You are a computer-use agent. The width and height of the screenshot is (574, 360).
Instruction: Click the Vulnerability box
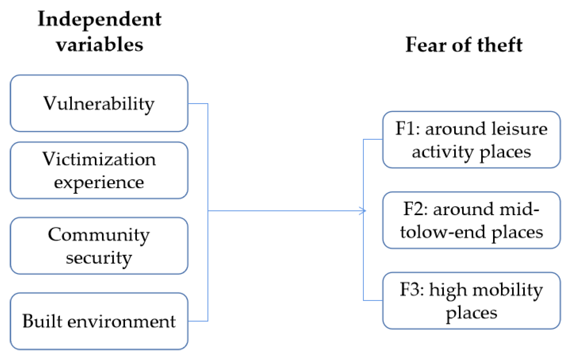(x=99, y=103)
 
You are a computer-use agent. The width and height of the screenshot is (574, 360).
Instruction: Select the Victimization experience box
(x=99, y=170)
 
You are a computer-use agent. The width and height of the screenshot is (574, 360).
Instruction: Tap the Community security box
(x=99, y=246)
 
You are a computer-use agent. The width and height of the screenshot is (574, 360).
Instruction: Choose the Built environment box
(x=99, y=321)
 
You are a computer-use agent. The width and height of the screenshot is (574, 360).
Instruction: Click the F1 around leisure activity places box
(x=471, y=140)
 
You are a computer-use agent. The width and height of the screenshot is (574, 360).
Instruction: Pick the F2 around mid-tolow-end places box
(x=471, y=220)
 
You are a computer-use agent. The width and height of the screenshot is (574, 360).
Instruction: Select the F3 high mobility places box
(x=471, y=301)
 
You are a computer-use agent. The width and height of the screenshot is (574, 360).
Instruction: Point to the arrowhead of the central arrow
(x=363, y=211)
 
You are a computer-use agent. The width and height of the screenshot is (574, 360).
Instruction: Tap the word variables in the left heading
(x=99, y=45)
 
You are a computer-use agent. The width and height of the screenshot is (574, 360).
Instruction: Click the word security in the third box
(x=99, y=258)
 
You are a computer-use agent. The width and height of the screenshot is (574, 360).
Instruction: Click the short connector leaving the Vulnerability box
(x=198, y=104)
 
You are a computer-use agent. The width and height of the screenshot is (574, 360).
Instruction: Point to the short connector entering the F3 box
(x=373, y=300)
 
